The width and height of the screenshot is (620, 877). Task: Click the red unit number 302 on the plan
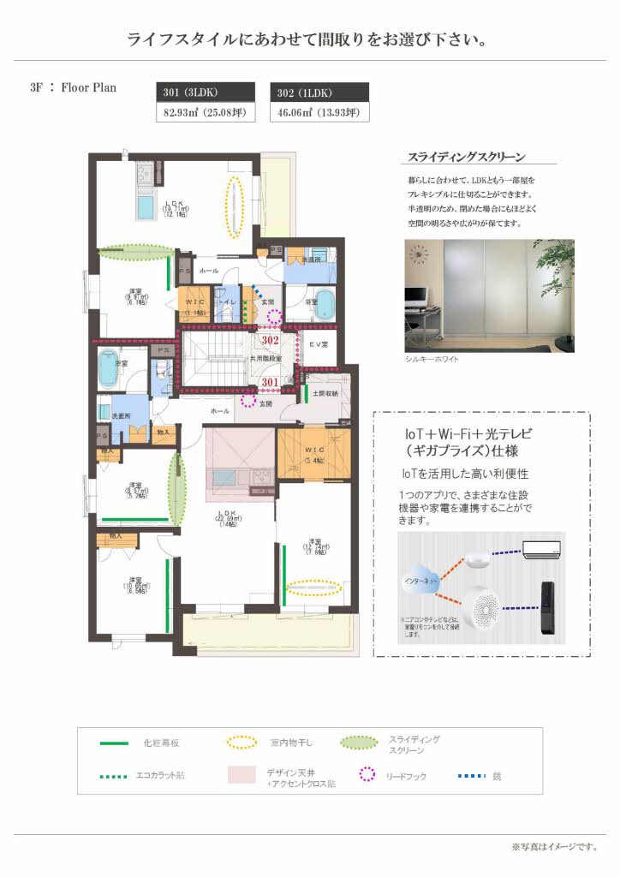coord(271,340)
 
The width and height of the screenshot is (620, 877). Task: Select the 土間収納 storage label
coord(325,393)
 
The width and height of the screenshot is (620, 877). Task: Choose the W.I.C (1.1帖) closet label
coord(194,307)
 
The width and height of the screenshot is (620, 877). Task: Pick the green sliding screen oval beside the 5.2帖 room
coord(176,489)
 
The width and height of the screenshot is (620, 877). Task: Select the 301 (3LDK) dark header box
coord(206,92)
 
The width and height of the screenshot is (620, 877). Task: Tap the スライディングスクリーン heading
coord(466,157)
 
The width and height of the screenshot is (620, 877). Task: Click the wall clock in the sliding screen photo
coord(420,254)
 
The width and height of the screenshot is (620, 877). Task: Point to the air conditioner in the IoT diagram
coord(544,547)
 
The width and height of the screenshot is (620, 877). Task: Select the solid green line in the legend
coord(114,743)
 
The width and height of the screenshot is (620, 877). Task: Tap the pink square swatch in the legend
coord(242,775)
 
